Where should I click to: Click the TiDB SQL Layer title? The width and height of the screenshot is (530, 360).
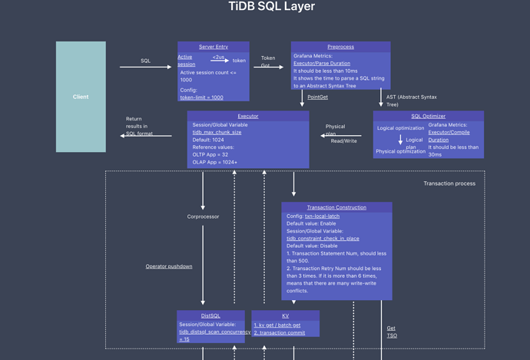pyautogui.click(x=272, y=7)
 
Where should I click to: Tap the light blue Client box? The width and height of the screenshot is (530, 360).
pyautogui.click(x=81, y=97)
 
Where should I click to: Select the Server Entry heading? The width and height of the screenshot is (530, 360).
pyautogui.click(x=214, y=47)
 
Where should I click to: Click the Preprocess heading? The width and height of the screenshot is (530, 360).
pyautogui.click(x=340, y=47)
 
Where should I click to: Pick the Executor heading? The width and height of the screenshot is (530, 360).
pyautogui.click(x=247, y=116)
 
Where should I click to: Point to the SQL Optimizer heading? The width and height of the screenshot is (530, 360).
pyautogui.click(x=428, y=116)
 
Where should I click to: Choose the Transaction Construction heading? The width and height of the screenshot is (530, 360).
pyautogui.click(x=336, y=207)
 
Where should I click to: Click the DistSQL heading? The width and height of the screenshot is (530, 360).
pyautogui.click(x=210, y=315)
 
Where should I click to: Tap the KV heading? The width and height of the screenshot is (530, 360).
pyautogui.click(x=285, y=315)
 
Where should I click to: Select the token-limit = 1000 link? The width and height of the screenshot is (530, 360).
pyautogui.click(x=201, y=97)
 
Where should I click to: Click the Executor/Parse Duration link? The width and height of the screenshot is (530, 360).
pyautogui.click(x=321, y=64)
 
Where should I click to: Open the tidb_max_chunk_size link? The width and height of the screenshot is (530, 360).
pyautogui.click(x=217, y=132)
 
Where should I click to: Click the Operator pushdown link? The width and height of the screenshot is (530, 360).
pyautogui.click(x=169, y=266)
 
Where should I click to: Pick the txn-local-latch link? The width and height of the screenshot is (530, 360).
pyautogui.click(x=322, y=216)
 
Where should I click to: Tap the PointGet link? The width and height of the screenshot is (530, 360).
pyautogui.click(x=317, y=97)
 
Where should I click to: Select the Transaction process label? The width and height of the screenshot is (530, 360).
pyautogui.click(x=449, y=183)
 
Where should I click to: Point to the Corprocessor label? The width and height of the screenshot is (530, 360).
pyautogui.click(x=203, y=216)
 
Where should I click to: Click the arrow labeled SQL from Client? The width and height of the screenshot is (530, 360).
pyautogui.click(x=145, y=67)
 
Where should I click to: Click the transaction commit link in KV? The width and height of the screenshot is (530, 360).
pyautogui.click(x=279, y=333)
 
